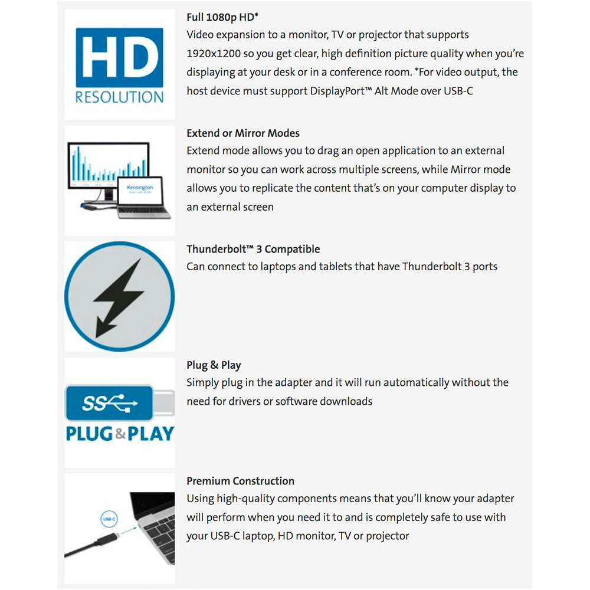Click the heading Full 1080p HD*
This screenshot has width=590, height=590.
(x=222, y=18)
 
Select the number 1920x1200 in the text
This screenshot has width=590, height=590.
(x=214, y=53)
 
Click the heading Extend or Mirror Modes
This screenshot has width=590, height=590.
(x=243, y=133)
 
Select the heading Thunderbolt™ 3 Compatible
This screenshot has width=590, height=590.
(x=253, y=249)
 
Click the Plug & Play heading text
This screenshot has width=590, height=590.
(x=214, y=365)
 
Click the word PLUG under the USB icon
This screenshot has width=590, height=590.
(x=90, y=434)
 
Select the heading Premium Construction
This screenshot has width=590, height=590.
(x=240, y=481)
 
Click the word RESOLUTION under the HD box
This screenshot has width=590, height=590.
(x=119, y=97)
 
